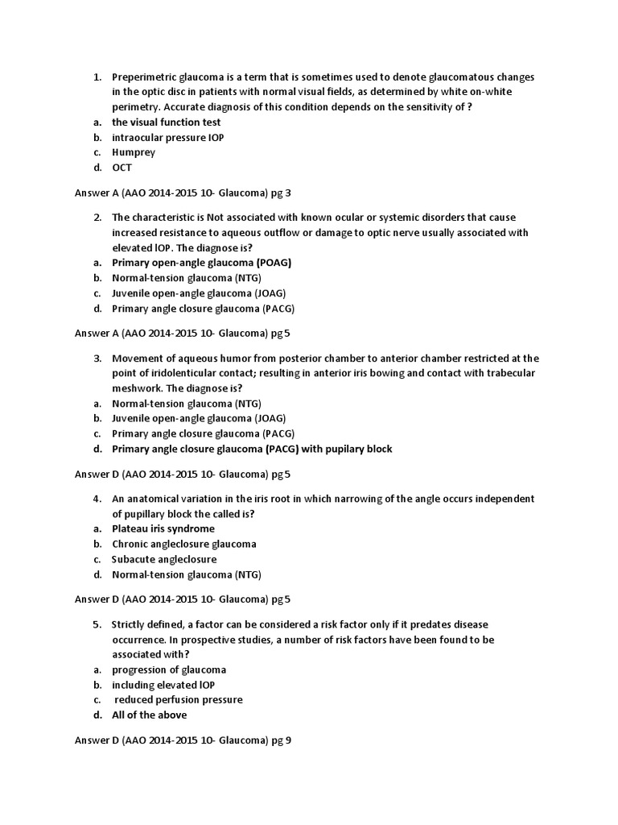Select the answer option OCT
coord(122,168)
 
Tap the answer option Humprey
coord(134,152)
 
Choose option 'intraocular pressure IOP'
coord(167,138)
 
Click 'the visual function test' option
coord(166,122)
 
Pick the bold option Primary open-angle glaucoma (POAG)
coord(201,263)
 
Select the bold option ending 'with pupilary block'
coord(252,449)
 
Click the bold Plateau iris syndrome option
coord(163,529)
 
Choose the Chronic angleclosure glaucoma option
coord(184,544)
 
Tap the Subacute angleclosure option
coord(164,559)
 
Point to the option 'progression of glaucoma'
coord(169,670)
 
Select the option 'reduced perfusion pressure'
coord(179,699)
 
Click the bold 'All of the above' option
coord(150,715)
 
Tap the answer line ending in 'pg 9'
coord(183,740)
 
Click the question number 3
coord(97,359)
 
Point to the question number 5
coord(97,624)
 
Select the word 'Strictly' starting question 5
coord(130,624)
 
